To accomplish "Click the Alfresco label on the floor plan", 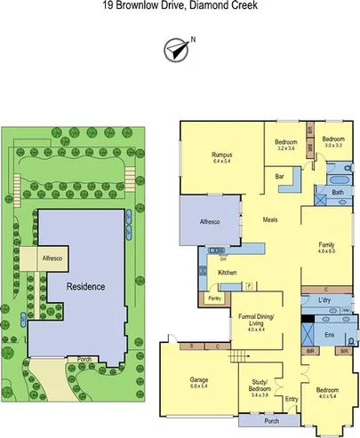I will point(209,219).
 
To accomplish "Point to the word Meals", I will point(271,219).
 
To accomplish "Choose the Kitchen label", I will point(227,272).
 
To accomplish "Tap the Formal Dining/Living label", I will point(255,321).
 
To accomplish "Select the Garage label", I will point(197,383).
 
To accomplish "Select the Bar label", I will point(278,177).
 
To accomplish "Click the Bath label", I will point(337,193).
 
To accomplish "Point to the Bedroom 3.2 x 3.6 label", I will point(285,145).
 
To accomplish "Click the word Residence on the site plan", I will point(85,287).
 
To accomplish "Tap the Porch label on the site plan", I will point(85,360).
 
